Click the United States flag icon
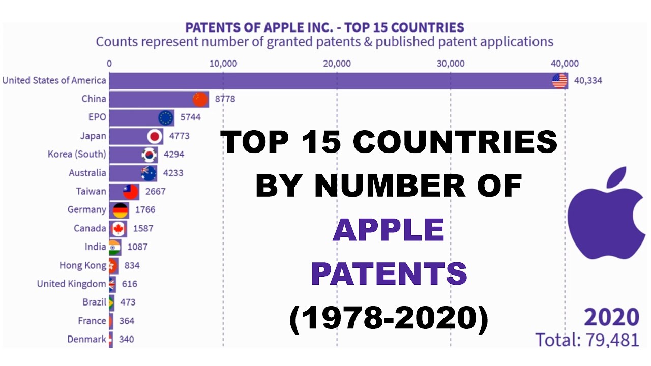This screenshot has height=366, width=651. [559, 80]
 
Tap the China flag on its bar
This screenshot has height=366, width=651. [200, 99]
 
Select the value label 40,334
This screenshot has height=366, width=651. [588, 80]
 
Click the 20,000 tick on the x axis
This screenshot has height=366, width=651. [337, 64]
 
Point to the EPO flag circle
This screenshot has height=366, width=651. [166, 117]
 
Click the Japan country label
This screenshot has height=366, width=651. [93, 136]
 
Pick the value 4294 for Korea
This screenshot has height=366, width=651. [173, 155]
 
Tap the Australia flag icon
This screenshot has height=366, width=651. [149, 173]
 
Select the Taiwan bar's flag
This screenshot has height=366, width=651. [131, 192]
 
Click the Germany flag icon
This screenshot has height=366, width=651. [121, 210]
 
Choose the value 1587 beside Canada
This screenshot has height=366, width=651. [143, 229]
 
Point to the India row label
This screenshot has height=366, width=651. [96, 247]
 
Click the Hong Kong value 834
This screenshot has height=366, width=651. [132, 265]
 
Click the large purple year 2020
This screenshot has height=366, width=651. [611, 317]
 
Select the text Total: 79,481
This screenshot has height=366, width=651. [587, 339]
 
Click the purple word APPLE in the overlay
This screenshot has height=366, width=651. [389, 230]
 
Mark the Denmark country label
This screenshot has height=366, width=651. [87, 339]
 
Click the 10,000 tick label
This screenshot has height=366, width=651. [223, 64]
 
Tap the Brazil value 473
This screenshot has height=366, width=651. [128, 302]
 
